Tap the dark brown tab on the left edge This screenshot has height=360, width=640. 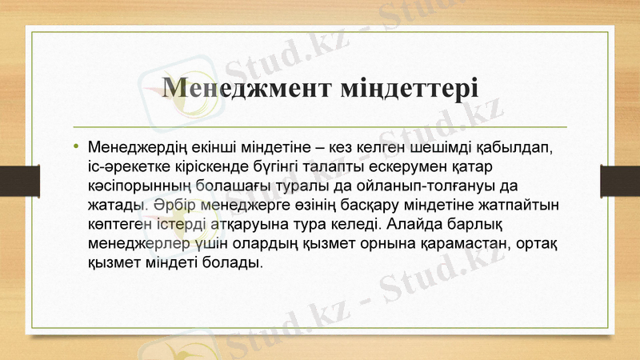(14, 179)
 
